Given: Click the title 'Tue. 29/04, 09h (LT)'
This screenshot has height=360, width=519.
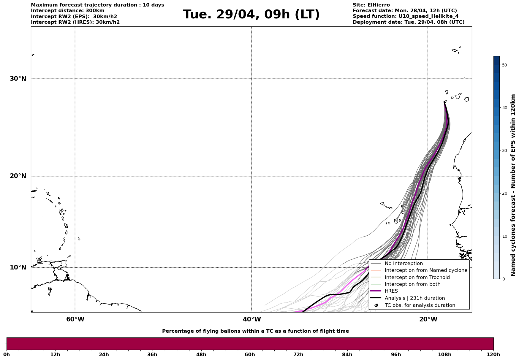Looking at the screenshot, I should pos(251,15).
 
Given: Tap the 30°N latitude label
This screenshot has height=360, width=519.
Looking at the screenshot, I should pos(18,79).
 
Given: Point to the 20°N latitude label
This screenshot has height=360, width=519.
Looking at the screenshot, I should pos(18,176).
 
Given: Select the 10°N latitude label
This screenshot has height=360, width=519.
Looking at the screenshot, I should pos(18,267).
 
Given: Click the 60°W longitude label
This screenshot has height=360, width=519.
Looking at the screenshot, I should pos(75,319).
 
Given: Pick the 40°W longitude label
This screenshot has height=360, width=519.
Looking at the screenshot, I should pos(252,319).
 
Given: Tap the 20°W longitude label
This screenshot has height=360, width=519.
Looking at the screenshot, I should pos(428,319).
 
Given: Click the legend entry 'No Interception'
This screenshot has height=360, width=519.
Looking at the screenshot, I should pos(404,264).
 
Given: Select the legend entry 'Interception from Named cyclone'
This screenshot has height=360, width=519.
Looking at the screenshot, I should pos(426,270).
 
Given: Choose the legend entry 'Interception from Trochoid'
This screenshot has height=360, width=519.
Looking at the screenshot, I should pos(417,277).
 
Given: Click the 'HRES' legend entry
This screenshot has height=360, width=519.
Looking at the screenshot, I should pos(391,291).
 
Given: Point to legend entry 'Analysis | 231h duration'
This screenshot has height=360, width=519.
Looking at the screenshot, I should pos(414,298).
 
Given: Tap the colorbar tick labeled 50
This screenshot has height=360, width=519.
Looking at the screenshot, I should pos(504,65).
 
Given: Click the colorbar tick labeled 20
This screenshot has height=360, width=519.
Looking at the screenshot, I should pos(504,194).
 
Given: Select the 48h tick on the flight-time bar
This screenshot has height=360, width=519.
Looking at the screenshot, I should pos(201,354).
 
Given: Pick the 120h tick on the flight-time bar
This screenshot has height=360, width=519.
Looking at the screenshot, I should pos(493,354).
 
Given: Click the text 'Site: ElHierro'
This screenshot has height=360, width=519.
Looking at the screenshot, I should pos(371,5).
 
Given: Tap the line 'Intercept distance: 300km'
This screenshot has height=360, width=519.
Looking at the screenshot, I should pos(68,11).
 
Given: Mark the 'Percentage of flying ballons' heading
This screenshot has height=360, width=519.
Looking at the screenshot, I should pos(255,331).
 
